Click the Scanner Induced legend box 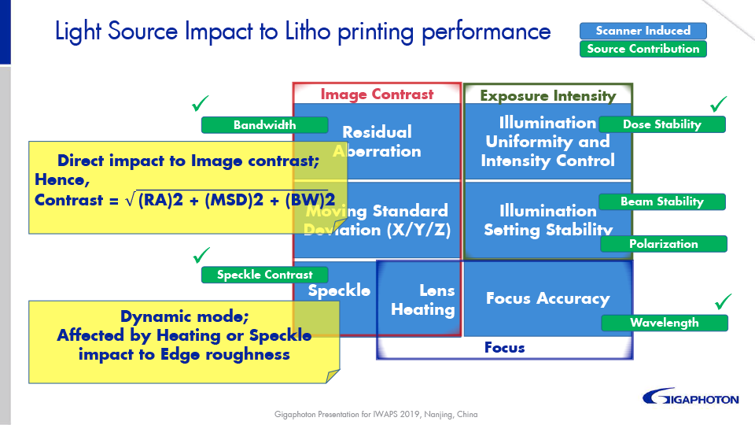pyautogui.click(x=643, y=31)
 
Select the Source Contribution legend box pyautogui.click(x=643, y=49)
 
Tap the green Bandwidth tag pyautogui.click(x=264, y=125)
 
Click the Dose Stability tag pyautogui.click(x=661, y=124)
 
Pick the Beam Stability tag pyautogui.click(x=661, y=201)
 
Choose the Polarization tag pyautogui.click(x=663, y=244)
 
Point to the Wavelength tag pyautogui.click(x=664, y=323)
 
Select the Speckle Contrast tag pyautogui.click(x=264, y=275)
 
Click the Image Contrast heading pyautogui.click(x=377, y=94)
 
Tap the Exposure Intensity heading pyautogui.click(x=547, y=96)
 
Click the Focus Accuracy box pyautogui.click(x=547, y=298)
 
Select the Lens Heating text pyautogui.click(x=423, y=300)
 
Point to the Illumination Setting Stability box pyautogui.click(x=547, y=220)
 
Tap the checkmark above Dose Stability pyautogui.click(x=719, y=104)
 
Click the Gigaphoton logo pyautogui.click(x=691, y=397)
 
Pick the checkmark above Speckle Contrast pyautogui.click(x=202, y=255)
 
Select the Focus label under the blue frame pyautogui.click(x=504, y=347)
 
